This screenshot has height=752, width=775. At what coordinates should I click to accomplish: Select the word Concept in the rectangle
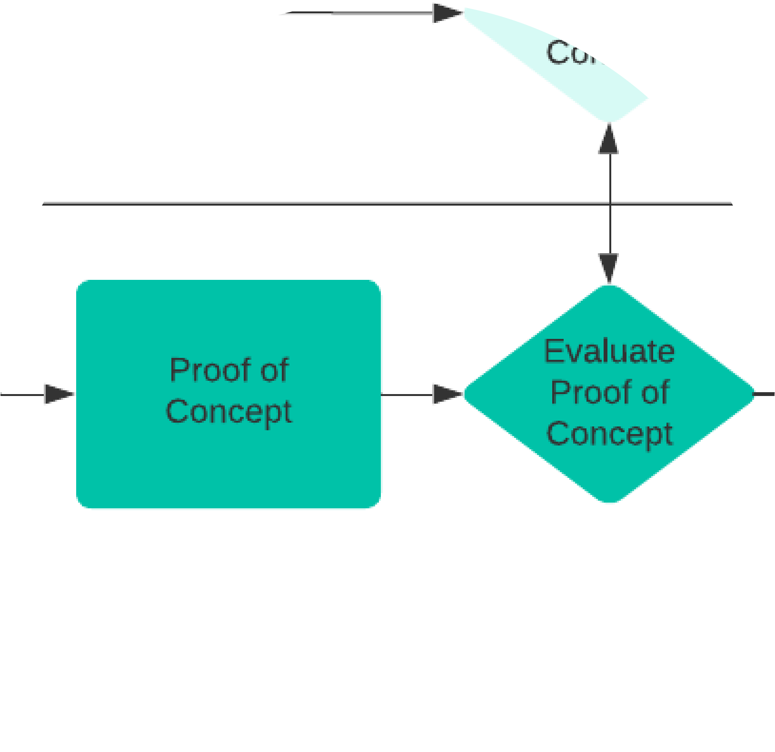[229, 412]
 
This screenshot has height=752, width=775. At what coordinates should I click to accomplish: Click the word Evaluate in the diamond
[609, 352]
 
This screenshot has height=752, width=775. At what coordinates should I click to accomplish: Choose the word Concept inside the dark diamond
[609, 434]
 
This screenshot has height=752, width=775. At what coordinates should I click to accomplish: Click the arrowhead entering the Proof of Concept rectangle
[60, 394]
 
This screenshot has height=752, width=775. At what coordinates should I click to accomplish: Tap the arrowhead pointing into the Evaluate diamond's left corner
[448, 394]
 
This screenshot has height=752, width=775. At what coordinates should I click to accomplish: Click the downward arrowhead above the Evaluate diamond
[609, 268]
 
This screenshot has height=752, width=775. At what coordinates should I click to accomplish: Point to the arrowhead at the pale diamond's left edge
[447, 13]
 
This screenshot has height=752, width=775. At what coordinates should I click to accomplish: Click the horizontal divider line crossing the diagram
[286, 204]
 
